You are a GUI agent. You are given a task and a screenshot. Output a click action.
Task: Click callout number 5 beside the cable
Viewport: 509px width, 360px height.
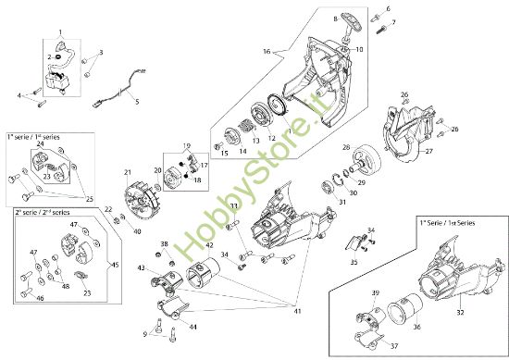pos(137,101)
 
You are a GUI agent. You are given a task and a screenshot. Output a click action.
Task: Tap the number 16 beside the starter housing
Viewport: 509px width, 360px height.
pos(267,52)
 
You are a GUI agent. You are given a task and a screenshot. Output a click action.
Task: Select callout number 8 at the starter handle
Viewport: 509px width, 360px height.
pos(335,18)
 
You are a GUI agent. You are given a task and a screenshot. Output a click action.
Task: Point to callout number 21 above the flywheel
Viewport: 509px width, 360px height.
pos(128,172)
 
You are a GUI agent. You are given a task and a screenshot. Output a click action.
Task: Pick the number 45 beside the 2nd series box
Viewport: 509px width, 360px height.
pos(114,264)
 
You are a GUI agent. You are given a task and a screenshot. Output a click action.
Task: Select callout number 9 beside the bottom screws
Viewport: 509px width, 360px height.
pos(145,333)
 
